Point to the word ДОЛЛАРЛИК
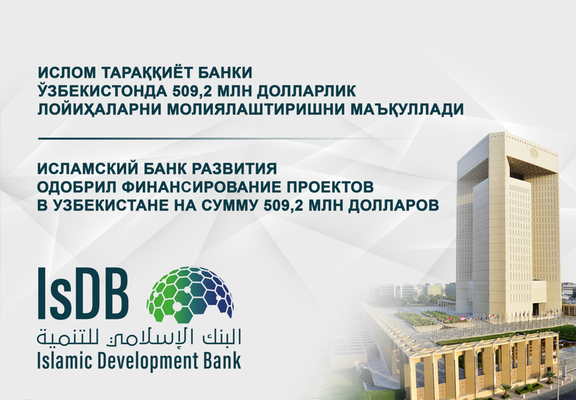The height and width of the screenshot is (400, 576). pyautogui.click(x=306, y=91)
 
